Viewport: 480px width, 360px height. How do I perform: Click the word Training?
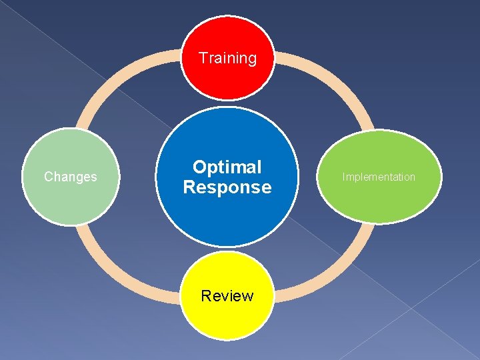point(227,58)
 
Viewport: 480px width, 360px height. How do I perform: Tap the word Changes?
point(70,177)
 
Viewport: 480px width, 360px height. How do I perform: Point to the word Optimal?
point(227,167)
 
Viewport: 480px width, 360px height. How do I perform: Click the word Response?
point(227,187)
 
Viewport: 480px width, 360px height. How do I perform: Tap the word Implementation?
point(379,177)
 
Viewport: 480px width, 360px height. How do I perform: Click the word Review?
point(227,296)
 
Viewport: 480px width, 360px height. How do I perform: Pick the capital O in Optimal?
point(199,167)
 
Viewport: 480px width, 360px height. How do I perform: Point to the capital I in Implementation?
point(344,177)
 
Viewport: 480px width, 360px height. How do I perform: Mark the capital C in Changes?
point(48,177)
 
